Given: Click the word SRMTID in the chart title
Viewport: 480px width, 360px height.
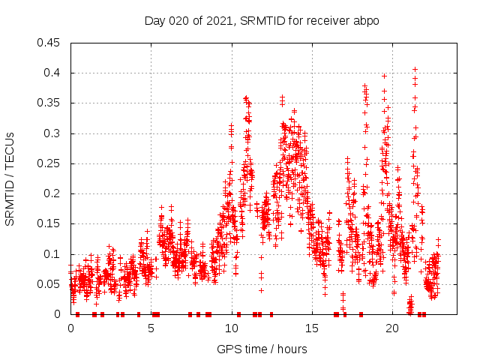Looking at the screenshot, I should coord(261,21).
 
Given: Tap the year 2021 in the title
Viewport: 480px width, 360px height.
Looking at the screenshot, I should coord(220,21).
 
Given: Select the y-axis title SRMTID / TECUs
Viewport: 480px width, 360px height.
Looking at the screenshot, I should coord(10,178).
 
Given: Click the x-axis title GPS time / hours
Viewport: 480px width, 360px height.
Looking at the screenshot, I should coord(262,349).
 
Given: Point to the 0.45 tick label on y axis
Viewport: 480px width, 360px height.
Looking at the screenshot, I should coord(50,43).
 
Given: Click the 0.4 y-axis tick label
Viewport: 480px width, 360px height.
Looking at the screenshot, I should coord(53,73).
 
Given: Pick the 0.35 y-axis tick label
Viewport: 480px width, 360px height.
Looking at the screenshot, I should coord(50,103).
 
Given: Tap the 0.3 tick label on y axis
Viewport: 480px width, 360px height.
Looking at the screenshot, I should coord(53,133).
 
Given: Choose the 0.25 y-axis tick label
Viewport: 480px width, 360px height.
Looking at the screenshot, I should coord(50,163).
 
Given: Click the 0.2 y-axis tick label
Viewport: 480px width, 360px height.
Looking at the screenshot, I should coord(53,193).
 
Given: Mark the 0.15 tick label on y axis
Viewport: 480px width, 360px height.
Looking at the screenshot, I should coord(50,224).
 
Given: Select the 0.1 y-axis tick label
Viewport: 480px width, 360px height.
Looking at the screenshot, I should coord(53,254).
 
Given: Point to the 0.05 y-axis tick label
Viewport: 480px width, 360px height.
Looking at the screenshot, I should coord(50,284).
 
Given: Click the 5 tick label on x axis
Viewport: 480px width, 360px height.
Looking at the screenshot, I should coord(151,328).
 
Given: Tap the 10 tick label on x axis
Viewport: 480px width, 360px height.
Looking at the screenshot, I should coord(232,328).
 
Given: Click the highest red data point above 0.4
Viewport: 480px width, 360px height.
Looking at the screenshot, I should coord(415,69).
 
